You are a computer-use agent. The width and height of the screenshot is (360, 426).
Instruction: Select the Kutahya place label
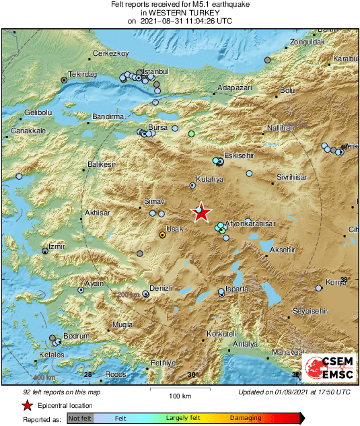209,180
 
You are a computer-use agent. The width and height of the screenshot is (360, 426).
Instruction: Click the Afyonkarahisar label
250,223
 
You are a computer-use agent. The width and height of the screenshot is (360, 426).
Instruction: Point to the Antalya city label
245,345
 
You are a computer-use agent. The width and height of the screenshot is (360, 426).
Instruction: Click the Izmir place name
55,246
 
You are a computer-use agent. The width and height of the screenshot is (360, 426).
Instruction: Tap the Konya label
335,282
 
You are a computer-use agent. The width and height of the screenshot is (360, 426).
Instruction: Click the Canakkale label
28,130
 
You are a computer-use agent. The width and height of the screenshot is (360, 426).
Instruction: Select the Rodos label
116,374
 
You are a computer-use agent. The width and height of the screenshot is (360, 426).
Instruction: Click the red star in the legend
27,405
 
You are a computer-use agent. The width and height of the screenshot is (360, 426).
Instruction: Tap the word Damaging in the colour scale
246,418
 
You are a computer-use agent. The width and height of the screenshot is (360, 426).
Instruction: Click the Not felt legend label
80,418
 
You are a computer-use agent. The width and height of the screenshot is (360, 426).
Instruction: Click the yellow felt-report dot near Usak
161,235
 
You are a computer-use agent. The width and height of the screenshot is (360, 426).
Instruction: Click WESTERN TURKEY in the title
180,13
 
